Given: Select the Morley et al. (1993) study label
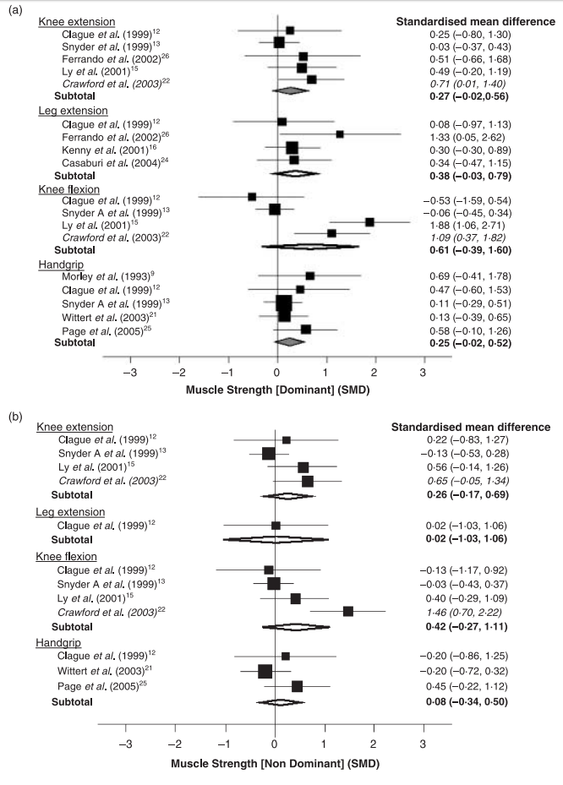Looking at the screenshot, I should tap(91, 275).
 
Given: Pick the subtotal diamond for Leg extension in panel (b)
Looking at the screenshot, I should tap(275, 538).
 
